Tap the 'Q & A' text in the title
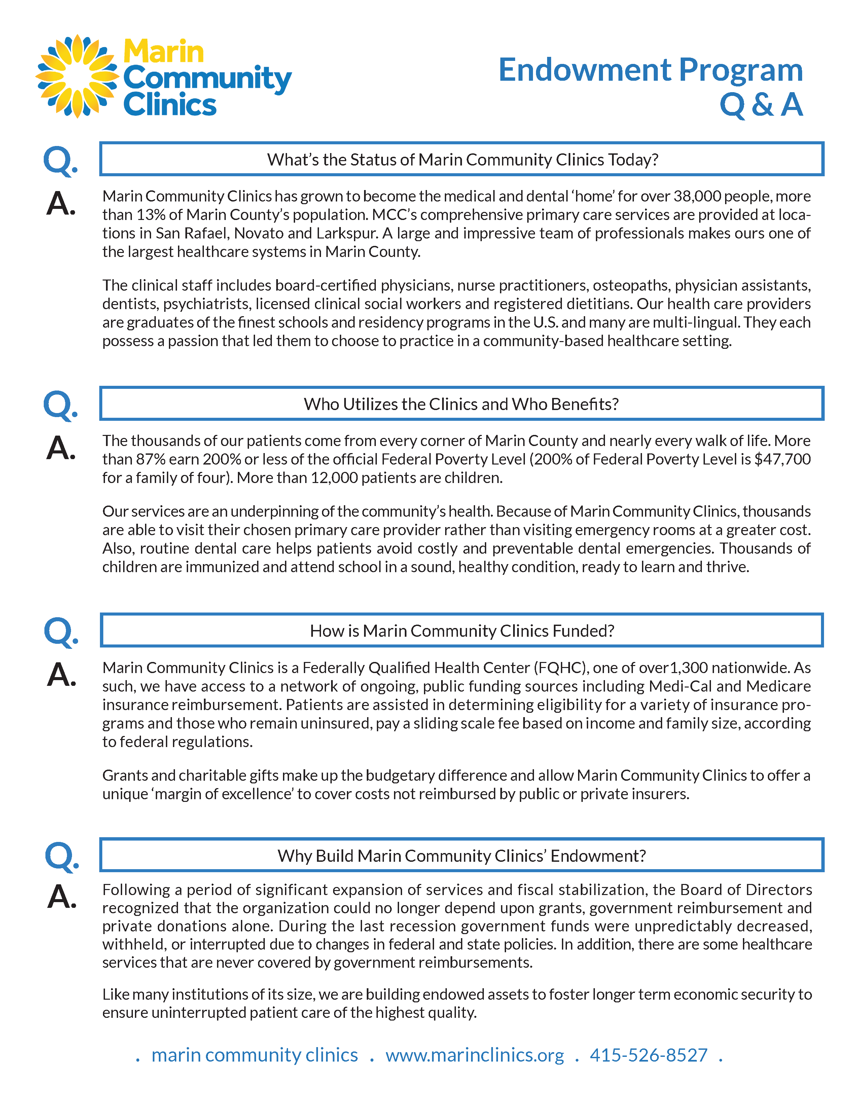coord(761,105)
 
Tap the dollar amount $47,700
coord(782,459)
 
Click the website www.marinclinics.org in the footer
coord(474,1055)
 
